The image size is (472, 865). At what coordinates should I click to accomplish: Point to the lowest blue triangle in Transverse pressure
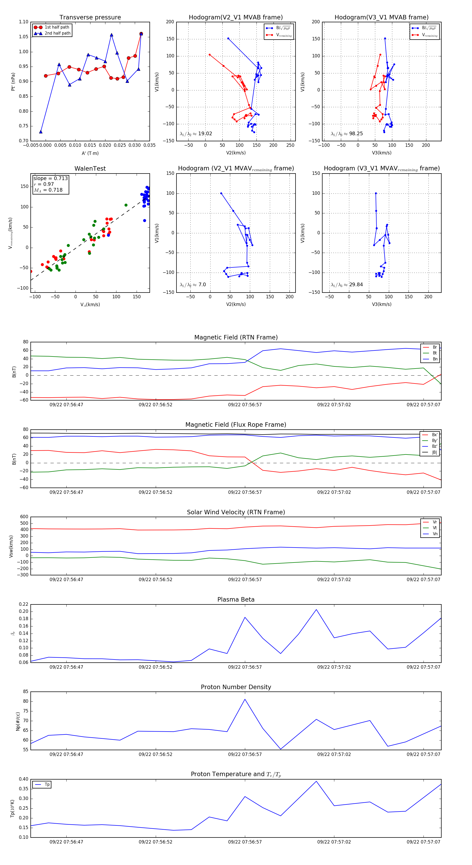click(41, 132)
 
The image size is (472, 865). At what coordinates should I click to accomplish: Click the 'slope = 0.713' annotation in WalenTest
click(50, 178)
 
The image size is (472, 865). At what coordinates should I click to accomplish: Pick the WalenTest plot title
click(90, 169)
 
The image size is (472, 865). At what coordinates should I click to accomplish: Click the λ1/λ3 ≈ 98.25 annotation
click(347, 134)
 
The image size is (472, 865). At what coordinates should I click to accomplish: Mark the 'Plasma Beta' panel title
click(236, 600)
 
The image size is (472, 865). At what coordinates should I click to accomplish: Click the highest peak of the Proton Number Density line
click(245, 699)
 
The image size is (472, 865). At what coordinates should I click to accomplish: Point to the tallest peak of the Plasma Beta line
click(316, 609)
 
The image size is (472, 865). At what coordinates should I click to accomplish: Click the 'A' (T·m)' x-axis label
click(90, 153)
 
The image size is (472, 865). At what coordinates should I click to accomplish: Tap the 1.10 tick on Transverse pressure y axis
click(24, 22)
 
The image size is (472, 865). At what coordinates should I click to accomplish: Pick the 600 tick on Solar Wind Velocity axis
click(24, 517)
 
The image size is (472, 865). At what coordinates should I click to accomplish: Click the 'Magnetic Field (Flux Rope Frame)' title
click(236, 425)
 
